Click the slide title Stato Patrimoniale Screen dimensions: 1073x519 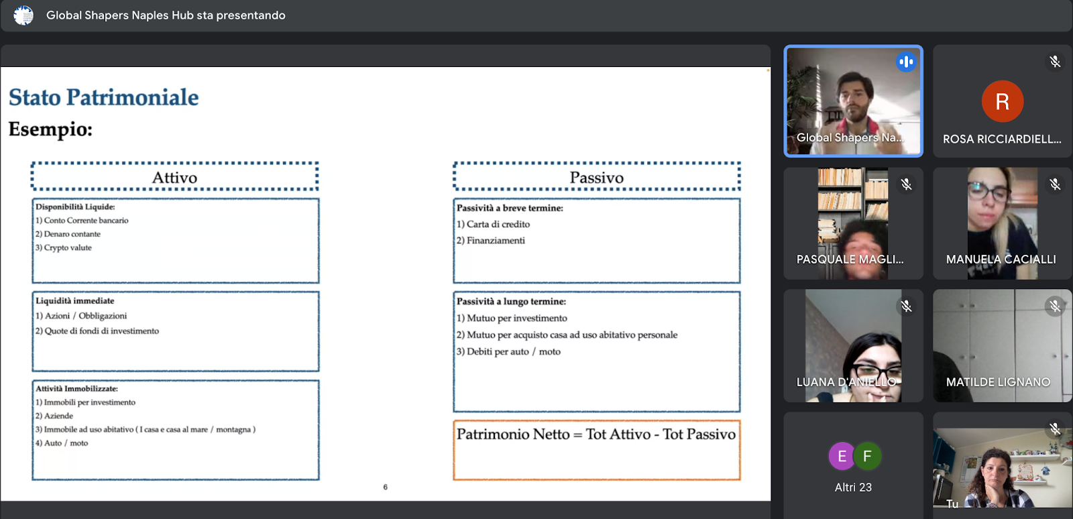coord(103,97)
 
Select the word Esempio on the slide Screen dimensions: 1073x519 coord(50,129)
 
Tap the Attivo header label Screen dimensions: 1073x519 coord(175,178)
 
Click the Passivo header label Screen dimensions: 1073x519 coord(596,178)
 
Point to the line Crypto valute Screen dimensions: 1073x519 coord(63,247)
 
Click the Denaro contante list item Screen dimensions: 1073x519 coord(68,234)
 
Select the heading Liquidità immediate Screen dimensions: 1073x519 coord(74,300)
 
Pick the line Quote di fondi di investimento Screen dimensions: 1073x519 coord(97,331)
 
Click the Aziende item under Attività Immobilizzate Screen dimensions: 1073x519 coord(54,416)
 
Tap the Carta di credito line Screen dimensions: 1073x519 coord(494,224)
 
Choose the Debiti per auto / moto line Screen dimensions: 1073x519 coord(508,351)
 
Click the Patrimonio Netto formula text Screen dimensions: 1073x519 coord(596,435)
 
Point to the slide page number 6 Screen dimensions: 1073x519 coord(385,487)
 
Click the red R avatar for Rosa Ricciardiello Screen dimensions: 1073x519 coord(1002,101)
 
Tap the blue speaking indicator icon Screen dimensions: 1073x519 coord(906,62)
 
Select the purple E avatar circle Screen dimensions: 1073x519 coord(842,456)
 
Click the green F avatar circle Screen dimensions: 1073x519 coord(868,456)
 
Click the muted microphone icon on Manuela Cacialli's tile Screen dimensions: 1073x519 coord(1055,184)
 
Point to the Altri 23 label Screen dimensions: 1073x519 coord(853,487)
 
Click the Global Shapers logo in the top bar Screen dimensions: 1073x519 coord(23,15)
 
